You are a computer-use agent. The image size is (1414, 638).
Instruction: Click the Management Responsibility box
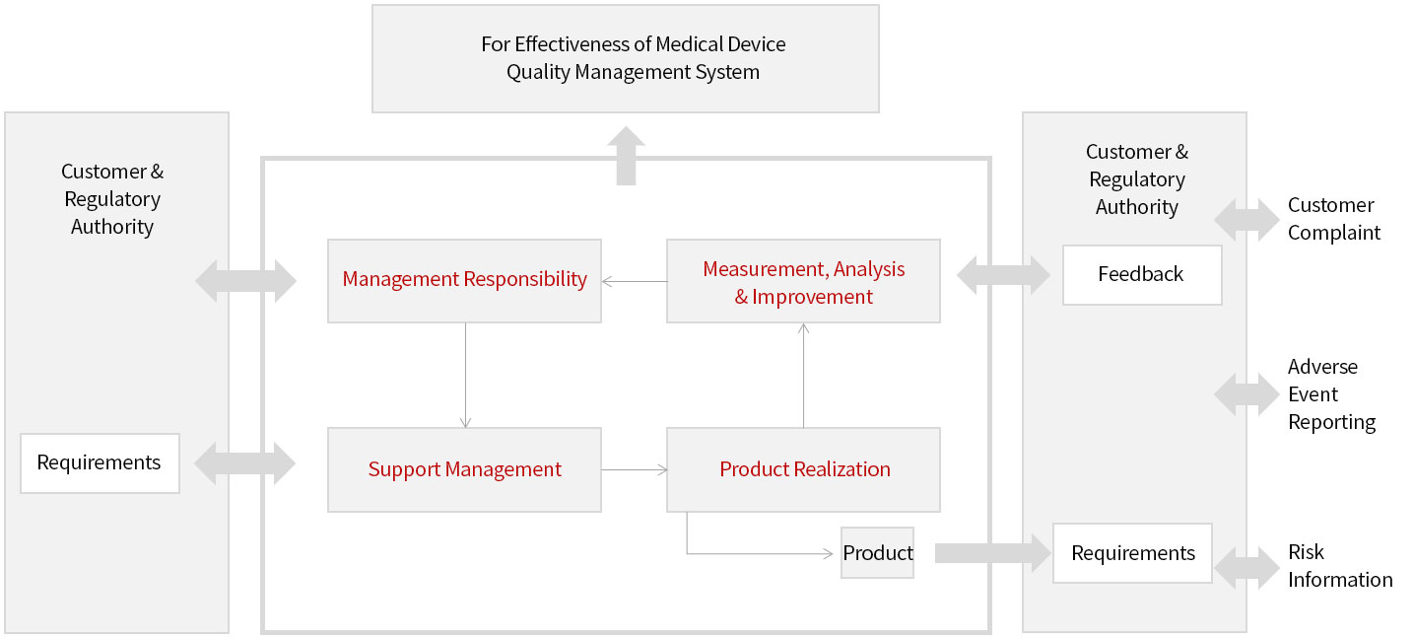click(465, 281)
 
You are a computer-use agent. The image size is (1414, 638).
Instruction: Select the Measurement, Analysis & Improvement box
click(804, 281)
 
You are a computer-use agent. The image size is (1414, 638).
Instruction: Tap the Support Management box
click(465, 470)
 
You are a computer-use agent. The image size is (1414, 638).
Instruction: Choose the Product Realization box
click(804, 470)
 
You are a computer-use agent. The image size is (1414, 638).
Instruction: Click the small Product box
click(877, 553)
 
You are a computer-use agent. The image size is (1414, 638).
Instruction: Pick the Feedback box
click(1143, 275)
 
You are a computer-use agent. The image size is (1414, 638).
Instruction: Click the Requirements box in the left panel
click(100, 463)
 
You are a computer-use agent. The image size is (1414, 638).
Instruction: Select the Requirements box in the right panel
click(1132, 553)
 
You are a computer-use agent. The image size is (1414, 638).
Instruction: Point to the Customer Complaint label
click(1334, 219)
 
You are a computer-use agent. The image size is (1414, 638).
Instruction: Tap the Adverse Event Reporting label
click(1331, 394)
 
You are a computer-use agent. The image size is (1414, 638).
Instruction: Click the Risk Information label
click(1339, 566)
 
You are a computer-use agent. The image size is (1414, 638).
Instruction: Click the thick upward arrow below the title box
click(627, 156)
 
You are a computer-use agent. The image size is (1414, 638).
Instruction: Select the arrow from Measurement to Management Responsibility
click(635, 282)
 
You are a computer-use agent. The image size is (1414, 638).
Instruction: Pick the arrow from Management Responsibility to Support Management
click(466, 376)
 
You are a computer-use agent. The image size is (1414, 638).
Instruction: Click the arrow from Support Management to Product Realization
click(635, 470)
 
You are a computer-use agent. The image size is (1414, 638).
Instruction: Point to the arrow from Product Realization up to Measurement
click(804, 376)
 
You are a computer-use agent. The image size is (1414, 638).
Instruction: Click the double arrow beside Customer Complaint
click(1246, 220)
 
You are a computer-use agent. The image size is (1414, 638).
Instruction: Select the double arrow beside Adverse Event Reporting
click(1246, 394)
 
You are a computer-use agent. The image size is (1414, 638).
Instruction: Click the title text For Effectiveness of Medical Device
click(634, 44)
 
